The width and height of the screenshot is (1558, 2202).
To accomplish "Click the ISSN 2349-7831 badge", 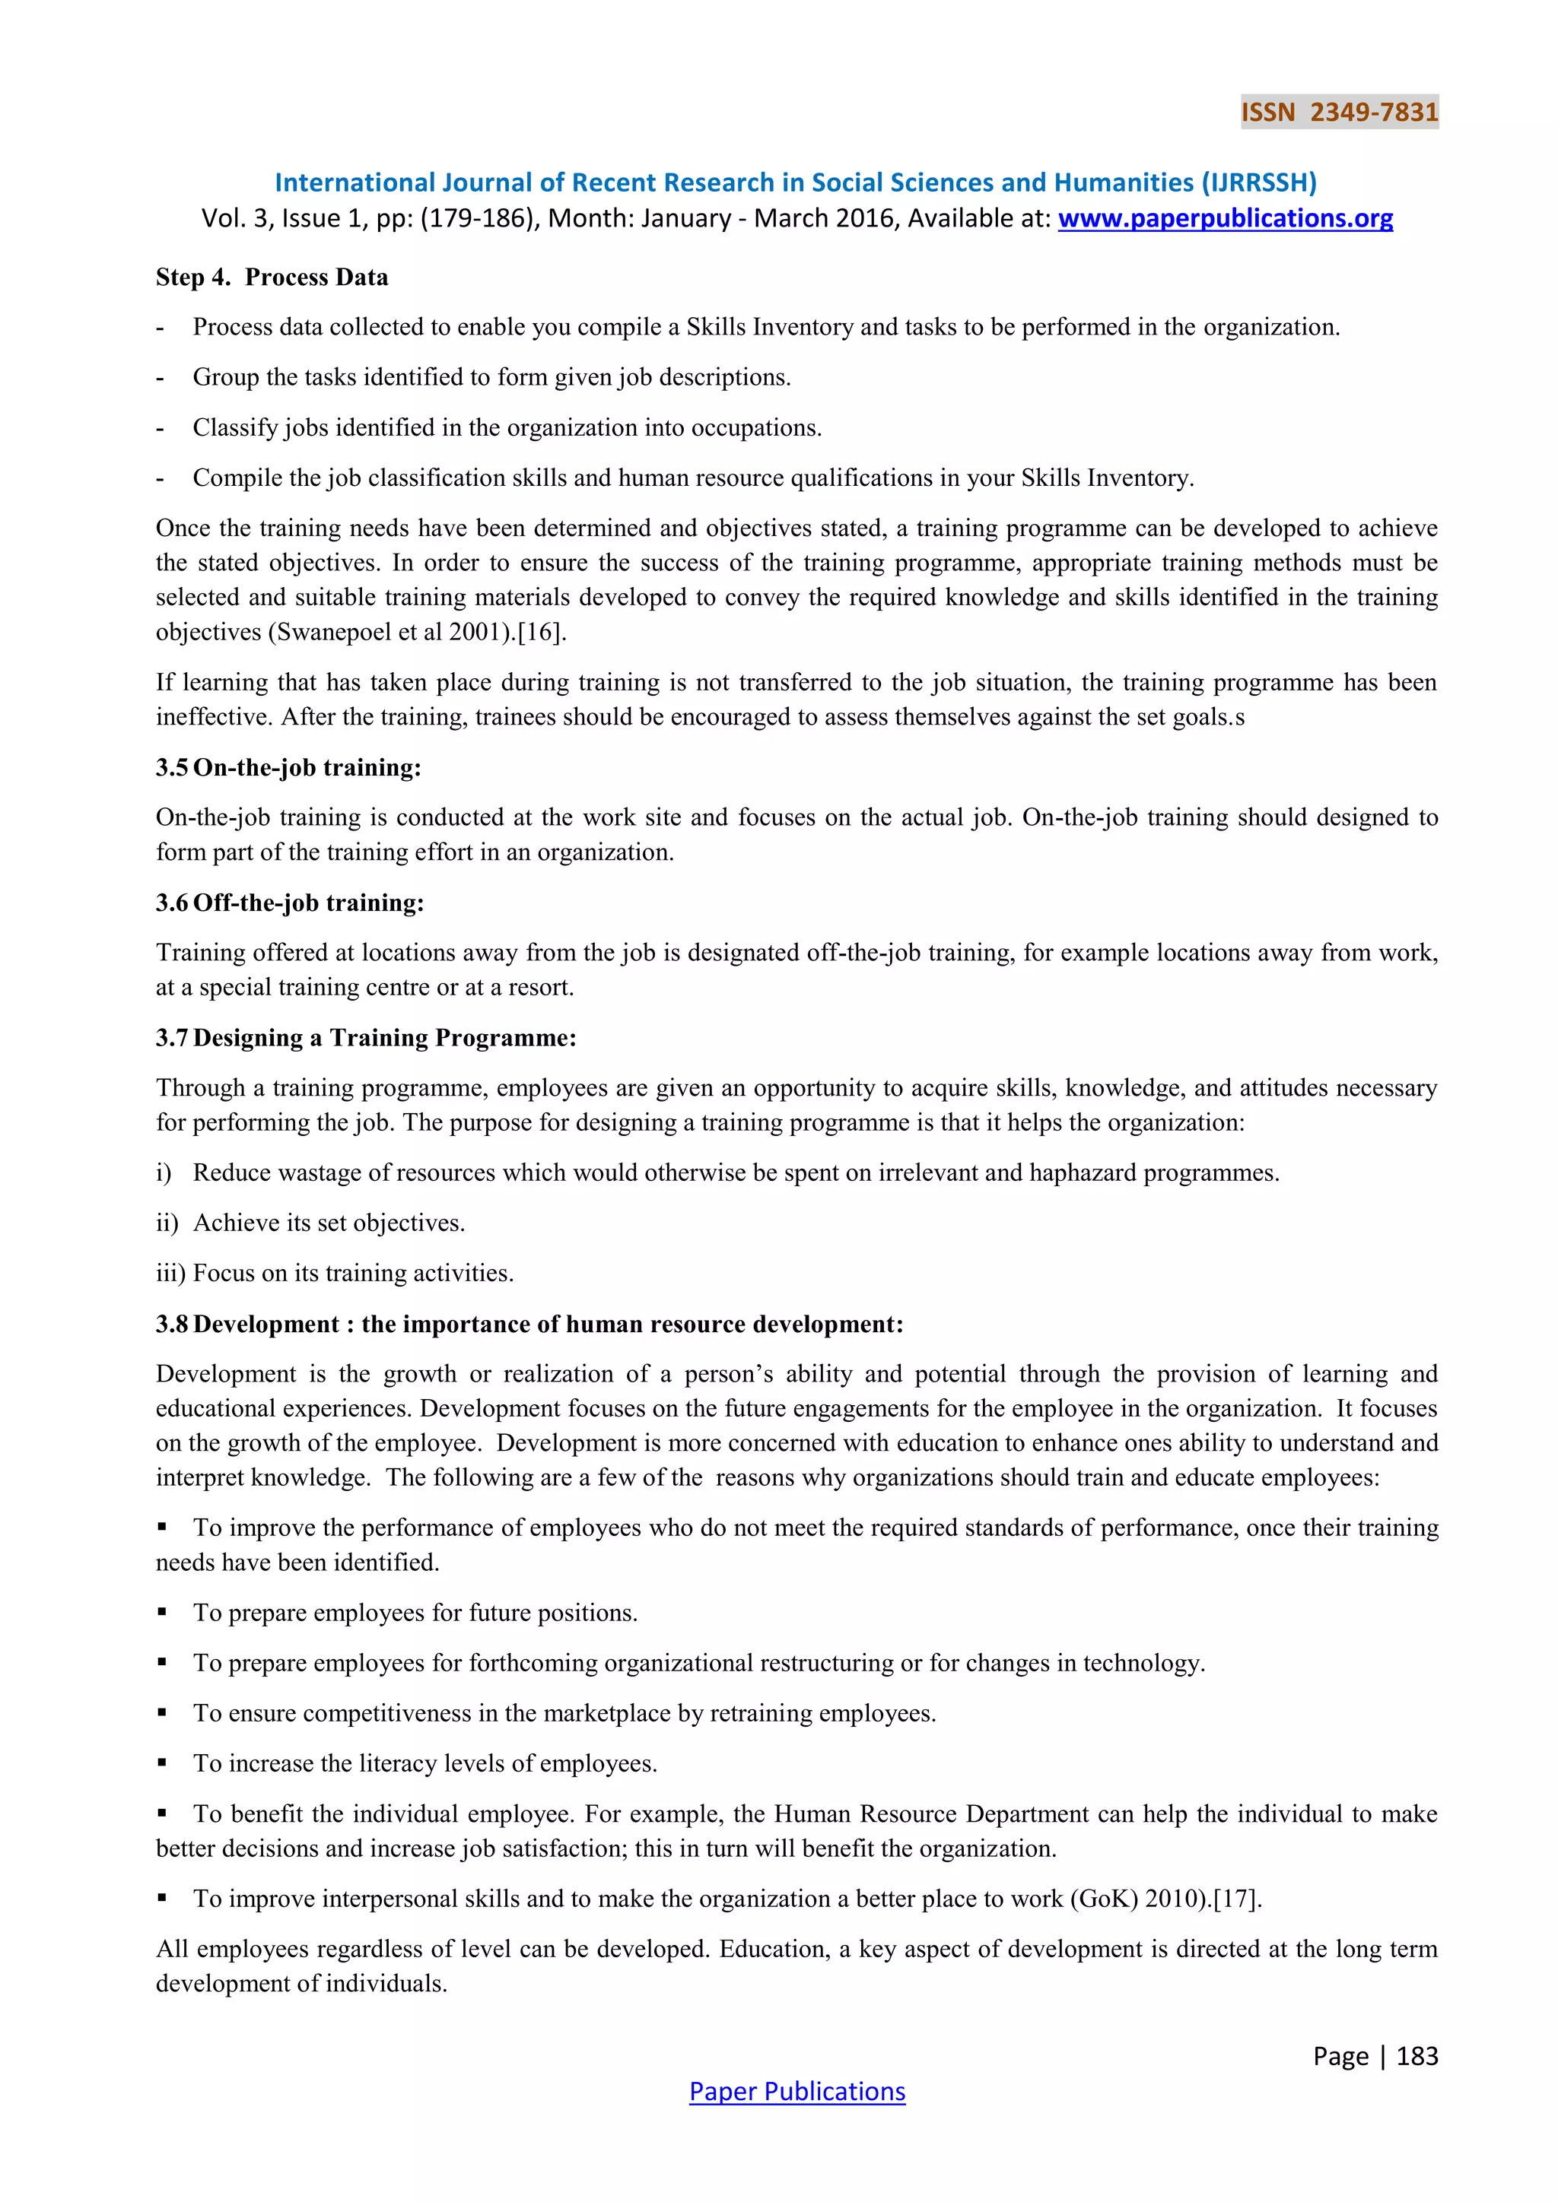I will (x=1339, y=113).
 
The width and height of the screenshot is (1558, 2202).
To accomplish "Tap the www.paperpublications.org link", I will (x=1225, y=219).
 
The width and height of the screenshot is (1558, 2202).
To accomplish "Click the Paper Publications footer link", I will (x=796, y=2091).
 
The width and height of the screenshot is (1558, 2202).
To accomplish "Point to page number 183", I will (x=1417, y=2055).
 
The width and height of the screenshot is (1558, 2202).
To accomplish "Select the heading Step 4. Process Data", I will (x=272, y=278).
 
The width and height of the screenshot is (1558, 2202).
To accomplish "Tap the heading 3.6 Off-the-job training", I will (x=290, y=903).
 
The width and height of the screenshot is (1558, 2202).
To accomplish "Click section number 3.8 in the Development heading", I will (x=172, y=1325).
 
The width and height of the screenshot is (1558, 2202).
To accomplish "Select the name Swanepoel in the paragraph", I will (x=334, y=632).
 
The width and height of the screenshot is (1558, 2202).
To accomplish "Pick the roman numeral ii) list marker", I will (x=166, y=1223).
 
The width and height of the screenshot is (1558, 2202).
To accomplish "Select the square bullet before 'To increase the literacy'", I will (x=162, y=1763).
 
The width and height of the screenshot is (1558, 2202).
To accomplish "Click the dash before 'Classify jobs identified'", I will (x=161, y=428).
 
